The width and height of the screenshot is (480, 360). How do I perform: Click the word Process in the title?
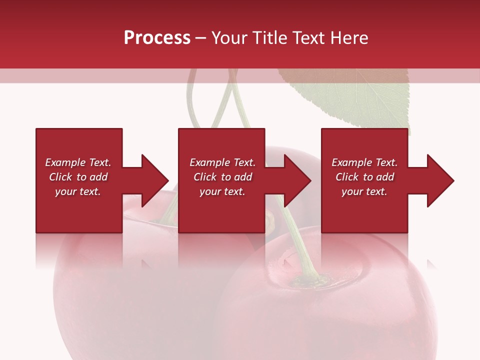coord(157,38)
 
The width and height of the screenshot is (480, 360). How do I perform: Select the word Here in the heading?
coord(348,38)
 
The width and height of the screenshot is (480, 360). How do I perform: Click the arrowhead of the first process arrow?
coord(155,180)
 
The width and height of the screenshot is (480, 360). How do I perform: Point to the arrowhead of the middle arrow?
coord(298,180)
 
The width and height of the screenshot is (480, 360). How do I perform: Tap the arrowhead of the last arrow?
coord(440,180)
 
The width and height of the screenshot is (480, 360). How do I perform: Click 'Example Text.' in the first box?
coord(78,162)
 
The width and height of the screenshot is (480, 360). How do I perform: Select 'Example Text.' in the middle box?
coord(222,162)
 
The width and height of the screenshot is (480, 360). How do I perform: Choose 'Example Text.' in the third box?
coord(364,162)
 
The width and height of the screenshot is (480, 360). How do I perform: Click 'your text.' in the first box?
coord(78,191)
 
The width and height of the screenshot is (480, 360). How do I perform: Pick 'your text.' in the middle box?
coord(222,191)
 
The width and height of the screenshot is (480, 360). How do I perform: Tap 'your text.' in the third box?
coord(364,191)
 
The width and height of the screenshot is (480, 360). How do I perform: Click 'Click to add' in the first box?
coord(78,177)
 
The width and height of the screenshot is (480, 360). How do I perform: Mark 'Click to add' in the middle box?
coord(222,177)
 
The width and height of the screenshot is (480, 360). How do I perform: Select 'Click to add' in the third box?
coord(364,177)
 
